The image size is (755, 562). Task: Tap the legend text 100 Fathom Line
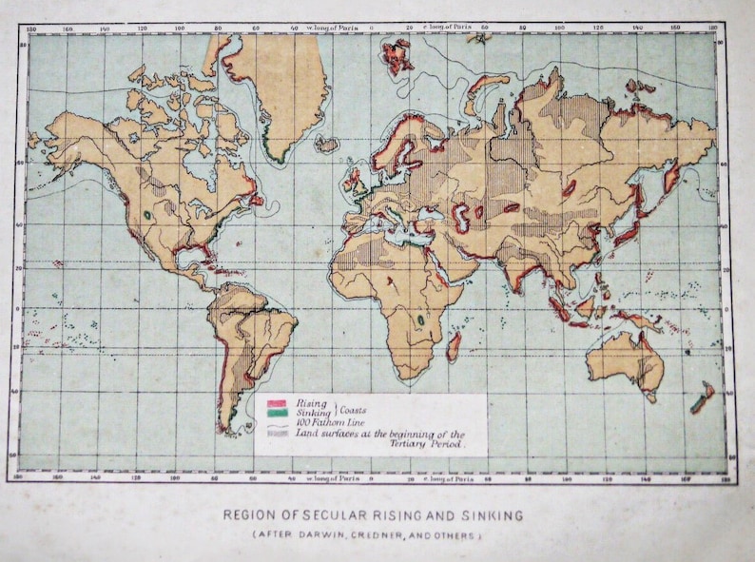(329, 423)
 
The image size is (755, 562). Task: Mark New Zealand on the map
(703, 398)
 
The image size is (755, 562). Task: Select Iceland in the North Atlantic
(326, 145)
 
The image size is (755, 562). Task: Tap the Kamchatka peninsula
(671, 175)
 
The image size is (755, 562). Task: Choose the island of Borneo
(584, 305)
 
